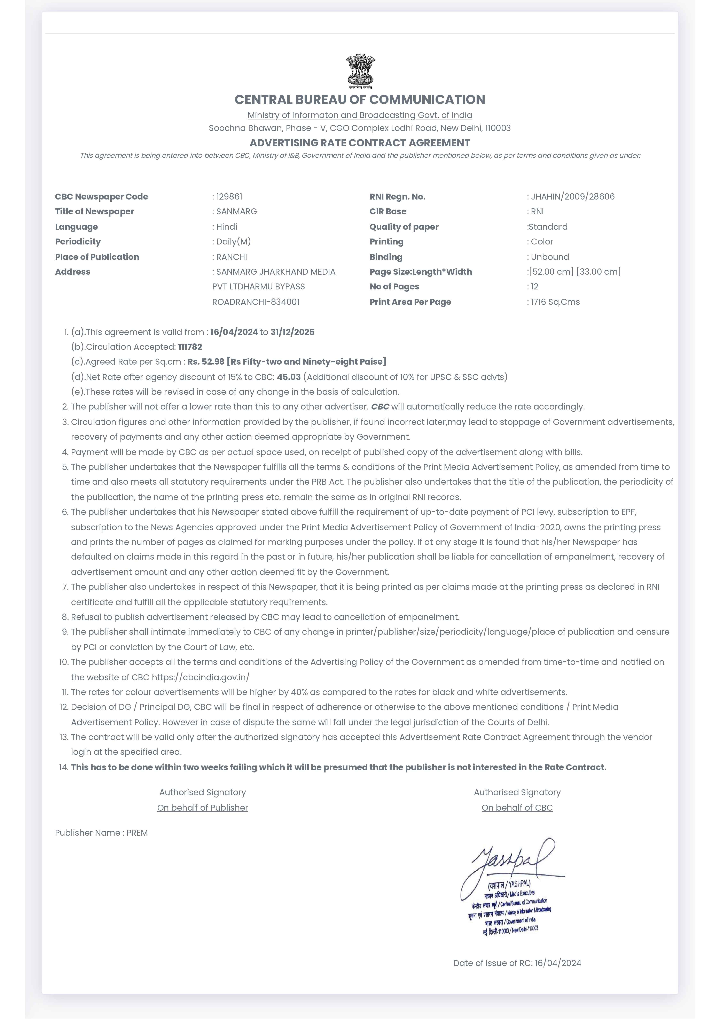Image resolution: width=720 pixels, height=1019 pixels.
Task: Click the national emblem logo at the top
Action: point(360,71)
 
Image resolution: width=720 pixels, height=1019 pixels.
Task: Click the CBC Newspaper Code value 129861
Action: point(229,197)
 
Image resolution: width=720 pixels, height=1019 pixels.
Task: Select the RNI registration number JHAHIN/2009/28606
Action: point(573,197)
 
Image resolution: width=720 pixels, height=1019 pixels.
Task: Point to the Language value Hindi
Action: point(227,227)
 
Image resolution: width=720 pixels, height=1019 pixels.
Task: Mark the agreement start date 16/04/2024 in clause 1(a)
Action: point(234,332)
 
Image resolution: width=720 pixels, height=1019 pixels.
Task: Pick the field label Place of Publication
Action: point(97,257)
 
